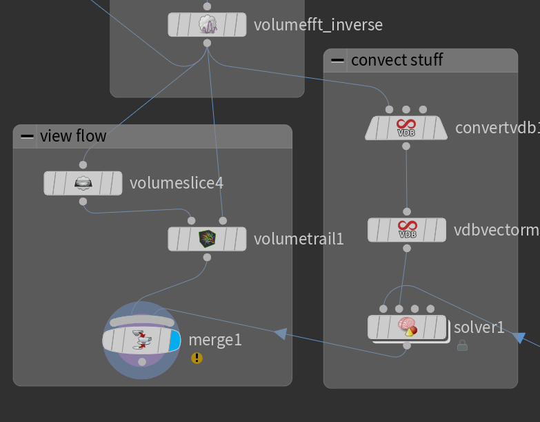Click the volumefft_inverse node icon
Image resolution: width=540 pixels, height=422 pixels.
(x=208, y=25)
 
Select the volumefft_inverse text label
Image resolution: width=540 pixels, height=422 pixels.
(x=318, y=26)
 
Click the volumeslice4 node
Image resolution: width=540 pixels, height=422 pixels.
(x=83, y=183)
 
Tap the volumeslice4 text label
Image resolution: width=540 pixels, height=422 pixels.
(x=177, y=183)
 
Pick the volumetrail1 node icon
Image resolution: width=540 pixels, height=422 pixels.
(x=207, y=239)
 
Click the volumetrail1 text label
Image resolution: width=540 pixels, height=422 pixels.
(x=299, y=239)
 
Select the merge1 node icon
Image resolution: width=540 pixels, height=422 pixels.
(x=142, y=339)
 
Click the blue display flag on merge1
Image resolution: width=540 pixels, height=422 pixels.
(x=174, y=340)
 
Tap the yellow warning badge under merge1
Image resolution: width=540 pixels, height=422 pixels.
(x=197, y=358)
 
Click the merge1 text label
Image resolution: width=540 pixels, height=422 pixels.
(x=215, y=340)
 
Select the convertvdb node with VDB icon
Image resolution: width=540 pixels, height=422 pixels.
(x=406, y=128)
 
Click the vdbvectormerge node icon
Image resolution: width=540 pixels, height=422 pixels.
(x=407, y=229)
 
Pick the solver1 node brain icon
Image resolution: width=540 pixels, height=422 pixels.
(x=407, y=327)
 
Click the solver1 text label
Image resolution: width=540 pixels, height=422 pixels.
(x=479, y=327)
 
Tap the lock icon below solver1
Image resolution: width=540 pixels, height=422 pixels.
(x=462, y=345)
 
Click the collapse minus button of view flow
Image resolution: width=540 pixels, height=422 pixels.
(x=27, y=136)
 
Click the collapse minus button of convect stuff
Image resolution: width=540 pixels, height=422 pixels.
(x=337, y=60)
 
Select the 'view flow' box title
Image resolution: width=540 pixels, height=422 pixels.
(x=73, y=135)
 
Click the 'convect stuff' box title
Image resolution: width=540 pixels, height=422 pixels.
(x=397, y=60)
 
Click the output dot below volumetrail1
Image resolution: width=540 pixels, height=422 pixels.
(x=207, y=257)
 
